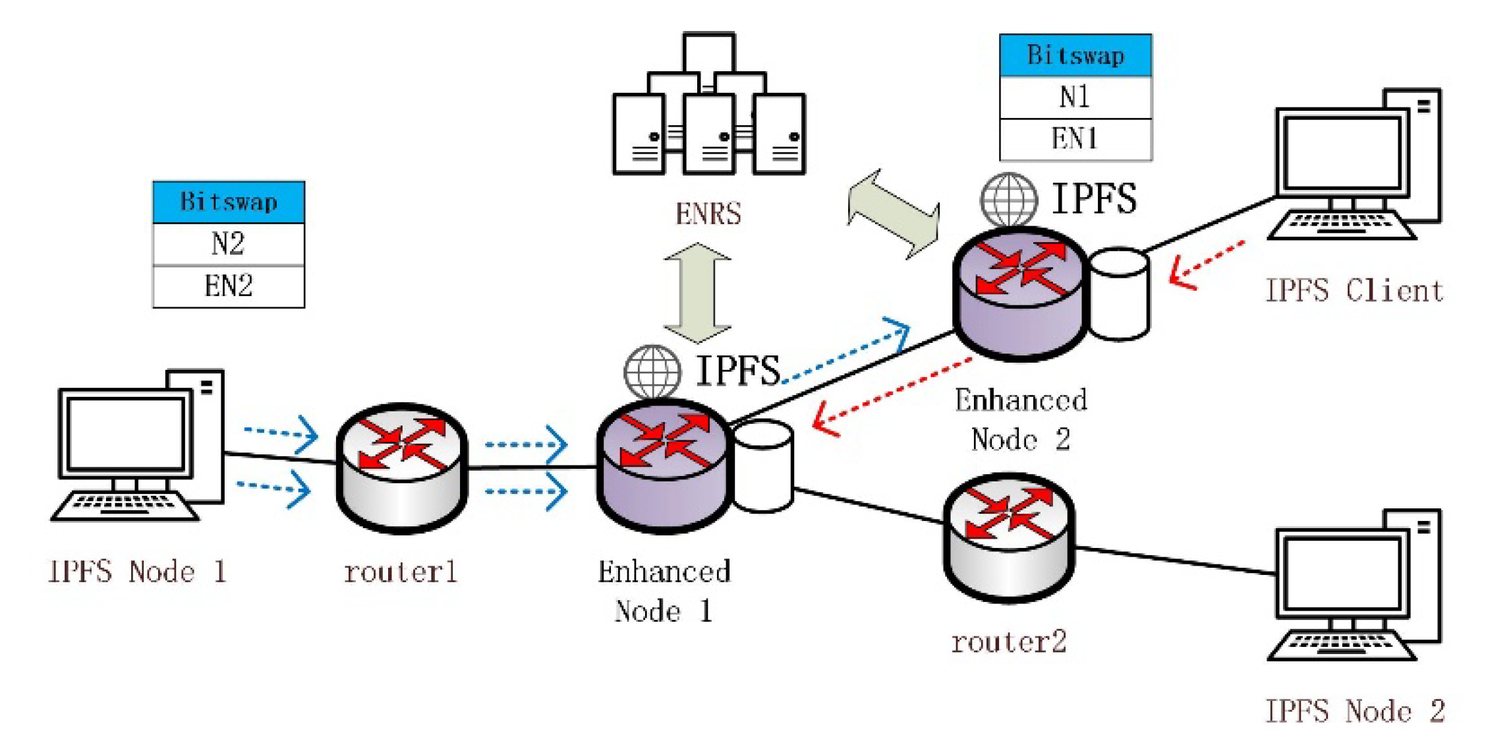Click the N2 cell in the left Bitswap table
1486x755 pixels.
pos(228,244)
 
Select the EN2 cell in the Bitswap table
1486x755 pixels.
pos(228,286)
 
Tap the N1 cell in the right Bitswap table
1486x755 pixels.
pos(1075,97)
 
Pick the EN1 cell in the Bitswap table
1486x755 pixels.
pos(1075,139)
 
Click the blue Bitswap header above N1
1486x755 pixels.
pos(1075,55)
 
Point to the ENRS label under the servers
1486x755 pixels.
pos(708,214)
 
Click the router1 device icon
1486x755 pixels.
pos(401,468)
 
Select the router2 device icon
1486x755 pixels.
pos(1009,537)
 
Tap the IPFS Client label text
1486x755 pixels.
pos(1354,291)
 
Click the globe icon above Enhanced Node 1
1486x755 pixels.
pos(652,372)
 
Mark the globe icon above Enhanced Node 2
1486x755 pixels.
pos(1008,200)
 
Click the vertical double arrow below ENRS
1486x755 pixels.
pos(697,293)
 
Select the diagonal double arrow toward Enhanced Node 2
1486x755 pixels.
pos(894,214)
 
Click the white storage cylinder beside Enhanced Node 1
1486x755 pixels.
pos(762,466)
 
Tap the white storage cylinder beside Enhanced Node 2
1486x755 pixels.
pos(1119,294)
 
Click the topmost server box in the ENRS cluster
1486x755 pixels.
pos(709,53)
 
